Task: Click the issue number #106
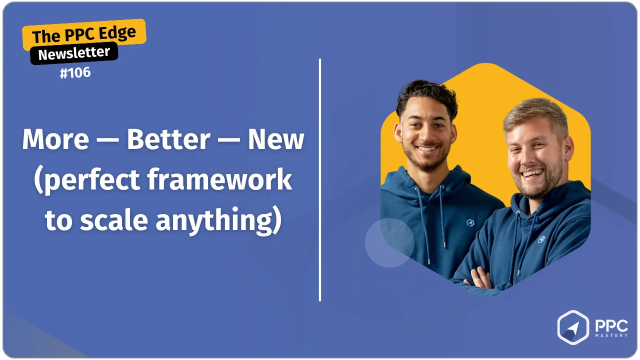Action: click(x=75, y=72)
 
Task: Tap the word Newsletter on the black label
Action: click(x=74, y=53)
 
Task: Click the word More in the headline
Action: click(x=55, y=139)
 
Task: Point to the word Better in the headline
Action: click(x=169, y=139)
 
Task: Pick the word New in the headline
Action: click(x=275, y=139)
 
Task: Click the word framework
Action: click(x=219, y=179)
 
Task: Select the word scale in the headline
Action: click(x=113, y=220)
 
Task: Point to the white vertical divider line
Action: click(x=319, y=180)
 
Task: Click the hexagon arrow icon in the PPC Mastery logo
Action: click(x=573, y=327)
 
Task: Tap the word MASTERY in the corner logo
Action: click(x=611, y=335)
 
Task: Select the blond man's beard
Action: click(x=538, y=183)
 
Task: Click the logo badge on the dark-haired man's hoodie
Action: click(x=470, y=222)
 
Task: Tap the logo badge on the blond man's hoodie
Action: click(x=541, y=239)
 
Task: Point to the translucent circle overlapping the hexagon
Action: click(x=389, y=243)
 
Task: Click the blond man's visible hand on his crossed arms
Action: click(x=480, y=278)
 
